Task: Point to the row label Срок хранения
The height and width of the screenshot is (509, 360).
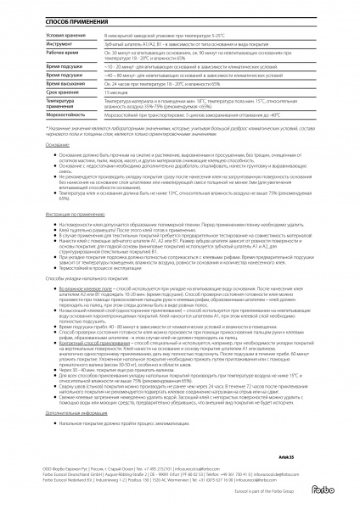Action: coord(41,92)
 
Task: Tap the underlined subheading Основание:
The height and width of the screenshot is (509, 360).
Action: coord(35,146)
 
